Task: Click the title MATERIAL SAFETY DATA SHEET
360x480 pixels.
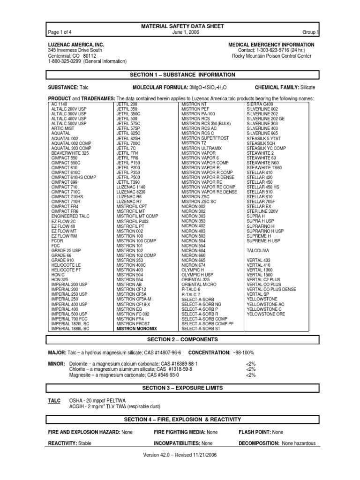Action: (x=182, y=26)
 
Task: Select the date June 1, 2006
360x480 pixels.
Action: (x=182, y=32)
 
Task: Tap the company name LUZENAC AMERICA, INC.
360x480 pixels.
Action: (x=76, y=45)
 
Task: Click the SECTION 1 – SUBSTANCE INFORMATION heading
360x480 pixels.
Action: (x=182, y=75)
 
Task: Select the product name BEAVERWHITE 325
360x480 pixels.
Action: (x=70, y=153)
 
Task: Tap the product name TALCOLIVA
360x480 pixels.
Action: (x=259, y=251)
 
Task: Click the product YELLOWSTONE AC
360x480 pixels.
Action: (x=265, y=304)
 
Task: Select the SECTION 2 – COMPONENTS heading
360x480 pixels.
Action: (x=182, y=339)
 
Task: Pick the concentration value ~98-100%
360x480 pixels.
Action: (x=243, y=352)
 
